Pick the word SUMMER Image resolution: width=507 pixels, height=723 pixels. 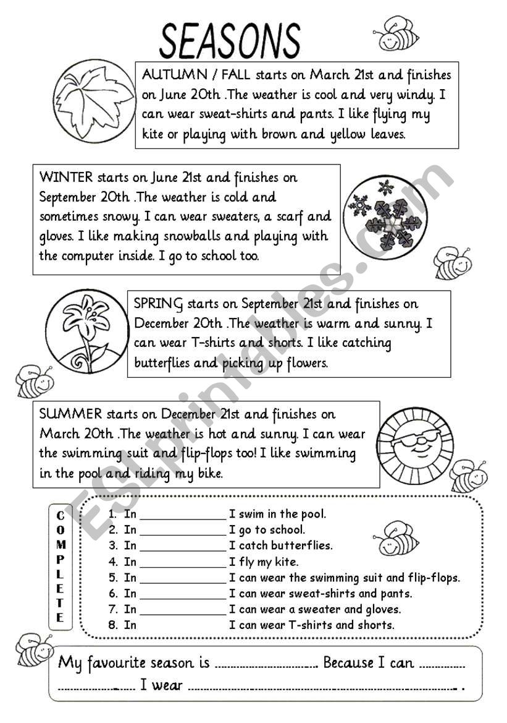tap(70, 414)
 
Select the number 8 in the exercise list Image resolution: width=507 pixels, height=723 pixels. tap(112, 625)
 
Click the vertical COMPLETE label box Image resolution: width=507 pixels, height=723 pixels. tap(60, 567)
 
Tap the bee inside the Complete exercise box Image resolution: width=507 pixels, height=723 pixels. tap(396, 538)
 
